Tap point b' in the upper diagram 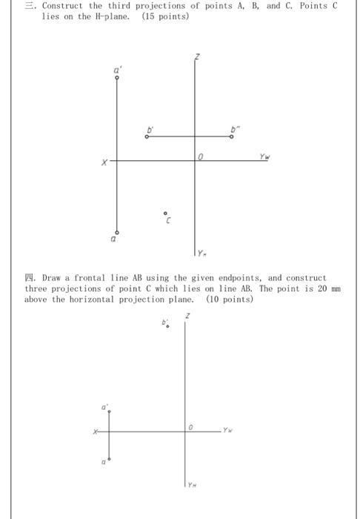[147, 136]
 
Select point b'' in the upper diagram [232, 136]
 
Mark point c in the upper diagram [166, 213]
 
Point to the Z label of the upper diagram [197, 57]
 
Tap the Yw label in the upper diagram [264, 156]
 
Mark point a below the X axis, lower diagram [109, 460]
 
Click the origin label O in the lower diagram [190, 427]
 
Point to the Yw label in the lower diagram [228, 428]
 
